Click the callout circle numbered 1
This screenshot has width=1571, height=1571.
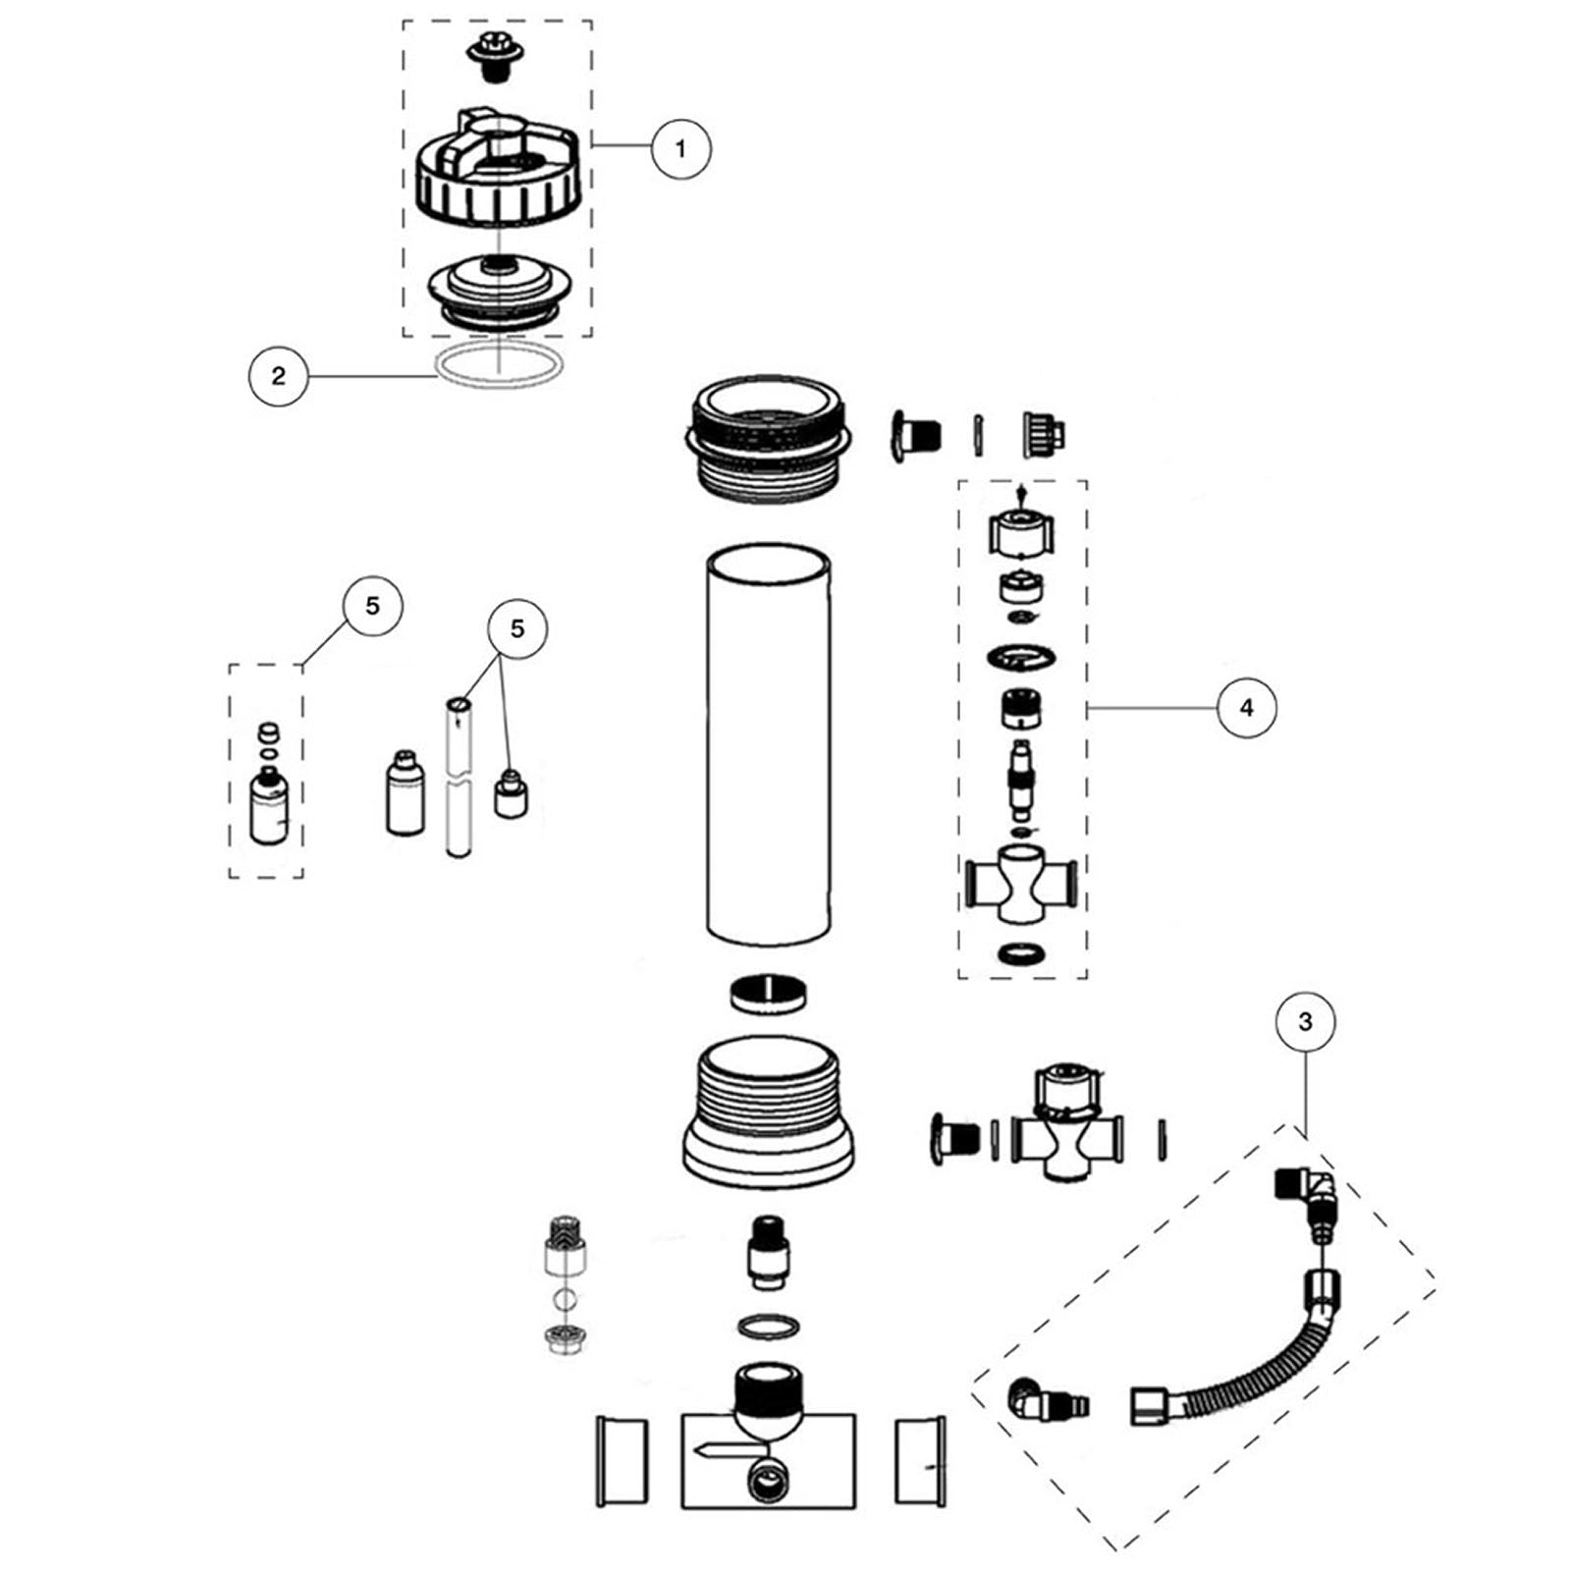(680, 148)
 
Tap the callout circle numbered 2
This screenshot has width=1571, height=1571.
(278, 375)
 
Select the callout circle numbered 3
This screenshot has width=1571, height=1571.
(1305, 1022)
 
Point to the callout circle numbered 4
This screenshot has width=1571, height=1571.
(1247, 707)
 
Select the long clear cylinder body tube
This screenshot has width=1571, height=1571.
(769, 746)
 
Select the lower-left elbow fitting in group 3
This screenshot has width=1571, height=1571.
(1035, 1399)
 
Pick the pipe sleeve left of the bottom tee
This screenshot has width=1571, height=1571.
(623, 1460)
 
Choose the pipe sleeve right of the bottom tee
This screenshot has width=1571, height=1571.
(920, 1460)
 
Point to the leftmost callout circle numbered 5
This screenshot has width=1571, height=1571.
(371, 606)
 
